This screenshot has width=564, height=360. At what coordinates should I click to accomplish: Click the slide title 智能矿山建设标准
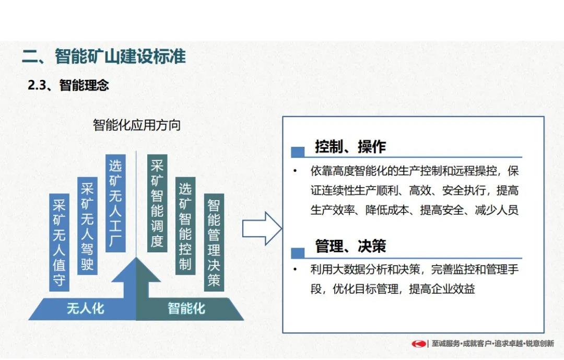(120, 56)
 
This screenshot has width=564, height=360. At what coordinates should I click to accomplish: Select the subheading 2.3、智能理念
(68, 85)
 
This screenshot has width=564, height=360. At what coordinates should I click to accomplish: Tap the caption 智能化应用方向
(137, 125)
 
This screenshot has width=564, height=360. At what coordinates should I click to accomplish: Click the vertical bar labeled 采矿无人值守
(59, 242)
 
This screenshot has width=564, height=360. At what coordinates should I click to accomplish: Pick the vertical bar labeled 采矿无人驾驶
(87, 226)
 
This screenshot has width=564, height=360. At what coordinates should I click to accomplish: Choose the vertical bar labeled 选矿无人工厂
(115, 203)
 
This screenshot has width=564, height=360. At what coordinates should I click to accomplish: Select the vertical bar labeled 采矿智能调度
(157, 203)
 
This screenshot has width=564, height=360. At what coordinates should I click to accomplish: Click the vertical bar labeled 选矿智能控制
(185, 226)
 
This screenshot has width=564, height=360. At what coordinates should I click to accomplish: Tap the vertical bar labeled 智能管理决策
(214, 242)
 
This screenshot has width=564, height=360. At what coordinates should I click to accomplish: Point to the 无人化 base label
(86, 308)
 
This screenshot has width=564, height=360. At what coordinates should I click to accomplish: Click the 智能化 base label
(186, 308)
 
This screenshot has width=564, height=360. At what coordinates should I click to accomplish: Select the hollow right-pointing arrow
(262, 229)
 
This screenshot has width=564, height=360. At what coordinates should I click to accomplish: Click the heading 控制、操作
(350, 146)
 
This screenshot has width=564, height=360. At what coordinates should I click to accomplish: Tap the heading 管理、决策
(350, 246)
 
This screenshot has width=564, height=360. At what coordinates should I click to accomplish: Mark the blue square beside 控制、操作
(298, 152)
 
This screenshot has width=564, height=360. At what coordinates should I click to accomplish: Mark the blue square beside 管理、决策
(298, 253)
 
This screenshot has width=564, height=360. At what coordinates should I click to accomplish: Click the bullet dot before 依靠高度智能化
(295, 171)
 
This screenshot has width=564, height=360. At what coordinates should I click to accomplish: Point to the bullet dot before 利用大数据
(295, 269)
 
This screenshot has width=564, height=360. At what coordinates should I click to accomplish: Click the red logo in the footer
(419, 344)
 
